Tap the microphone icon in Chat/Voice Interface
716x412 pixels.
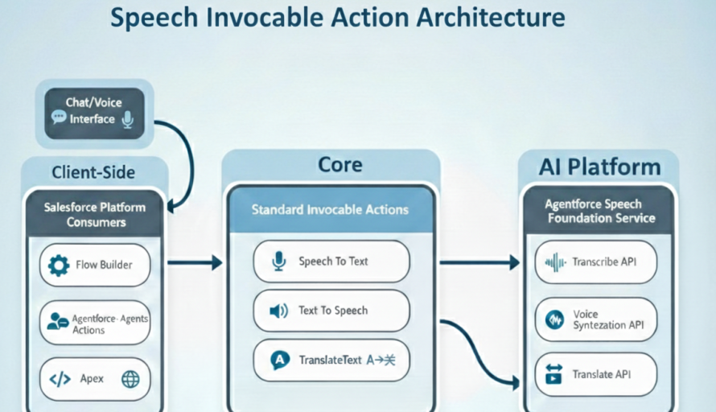[x=126, y=119]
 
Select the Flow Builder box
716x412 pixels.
[x=94, y=265]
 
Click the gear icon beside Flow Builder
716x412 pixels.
[x=59, y=266]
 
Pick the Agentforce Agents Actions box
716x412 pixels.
[x=94, y=323]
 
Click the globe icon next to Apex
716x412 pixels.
[x=130, y=380]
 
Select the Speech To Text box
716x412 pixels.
[x=331, y=262]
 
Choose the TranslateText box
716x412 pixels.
[x=331, y=360]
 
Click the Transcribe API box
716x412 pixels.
[x=596, y=262]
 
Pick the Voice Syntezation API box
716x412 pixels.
[x=596, y=319]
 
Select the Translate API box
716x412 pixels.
[x=596, y=374]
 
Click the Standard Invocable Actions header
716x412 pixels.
[x=330, y=210]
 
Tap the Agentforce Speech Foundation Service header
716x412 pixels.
[x=600, y=212]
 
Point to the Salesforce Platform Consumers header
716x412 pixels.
[x=94, y=213]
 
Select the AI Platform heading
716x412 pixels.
[x=599, y=167]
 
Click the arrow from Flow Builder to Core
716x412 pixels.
[x=194, y=262]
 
